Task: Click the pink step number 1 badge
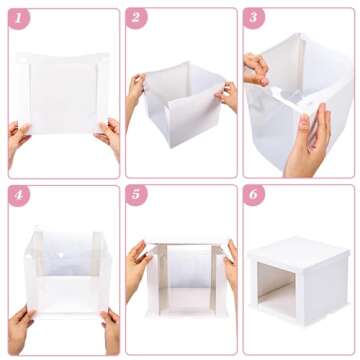click(x=20, y=19)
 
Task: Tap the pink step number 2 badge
click(x=137, y=19)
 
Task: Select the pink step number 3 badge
click(x=255, y=19)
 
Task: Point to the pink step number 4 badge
click(x=20, y=196)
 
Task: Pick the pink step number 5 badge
click(x=137, y=196)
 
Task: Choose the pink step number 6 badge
click(x=255, y=196)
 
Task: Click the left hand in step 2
click(x=134, y=95)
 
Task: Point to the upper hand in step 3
click(x=257, y=68)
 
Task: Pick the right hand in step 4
click(x=108, y=330)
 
